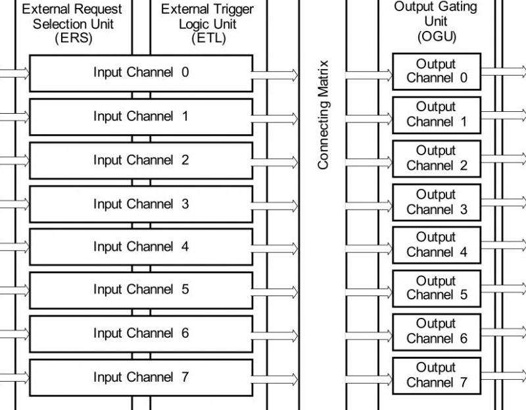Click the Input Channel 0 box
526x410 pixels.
point(141,72)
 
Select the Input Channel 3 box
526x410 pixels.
point(141,204)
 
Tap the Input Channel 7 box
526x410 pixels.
point(141,377)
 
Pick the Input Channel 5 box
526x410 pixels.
point(141,290)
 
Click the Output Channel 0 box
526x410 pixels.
point(437,71)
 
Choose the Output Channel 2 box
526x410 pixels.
point(437,158)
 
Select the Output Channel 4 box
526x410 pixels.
point(437,245)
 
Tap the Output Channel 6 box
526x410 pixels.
point(437,332)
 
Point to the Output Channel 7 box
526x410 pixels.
point(437,375)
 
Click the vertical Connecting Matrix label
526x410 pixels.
point(323,115)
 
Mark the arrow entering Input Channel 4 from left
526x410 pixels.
point(14,247)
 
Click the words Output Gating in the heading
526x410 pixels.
point(435,7)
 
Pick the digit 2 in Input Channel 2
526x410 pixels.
point(185,160)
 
